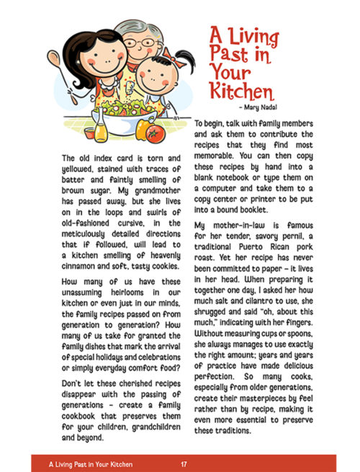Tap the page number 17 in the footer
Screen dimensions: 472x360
click(184, 463)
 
